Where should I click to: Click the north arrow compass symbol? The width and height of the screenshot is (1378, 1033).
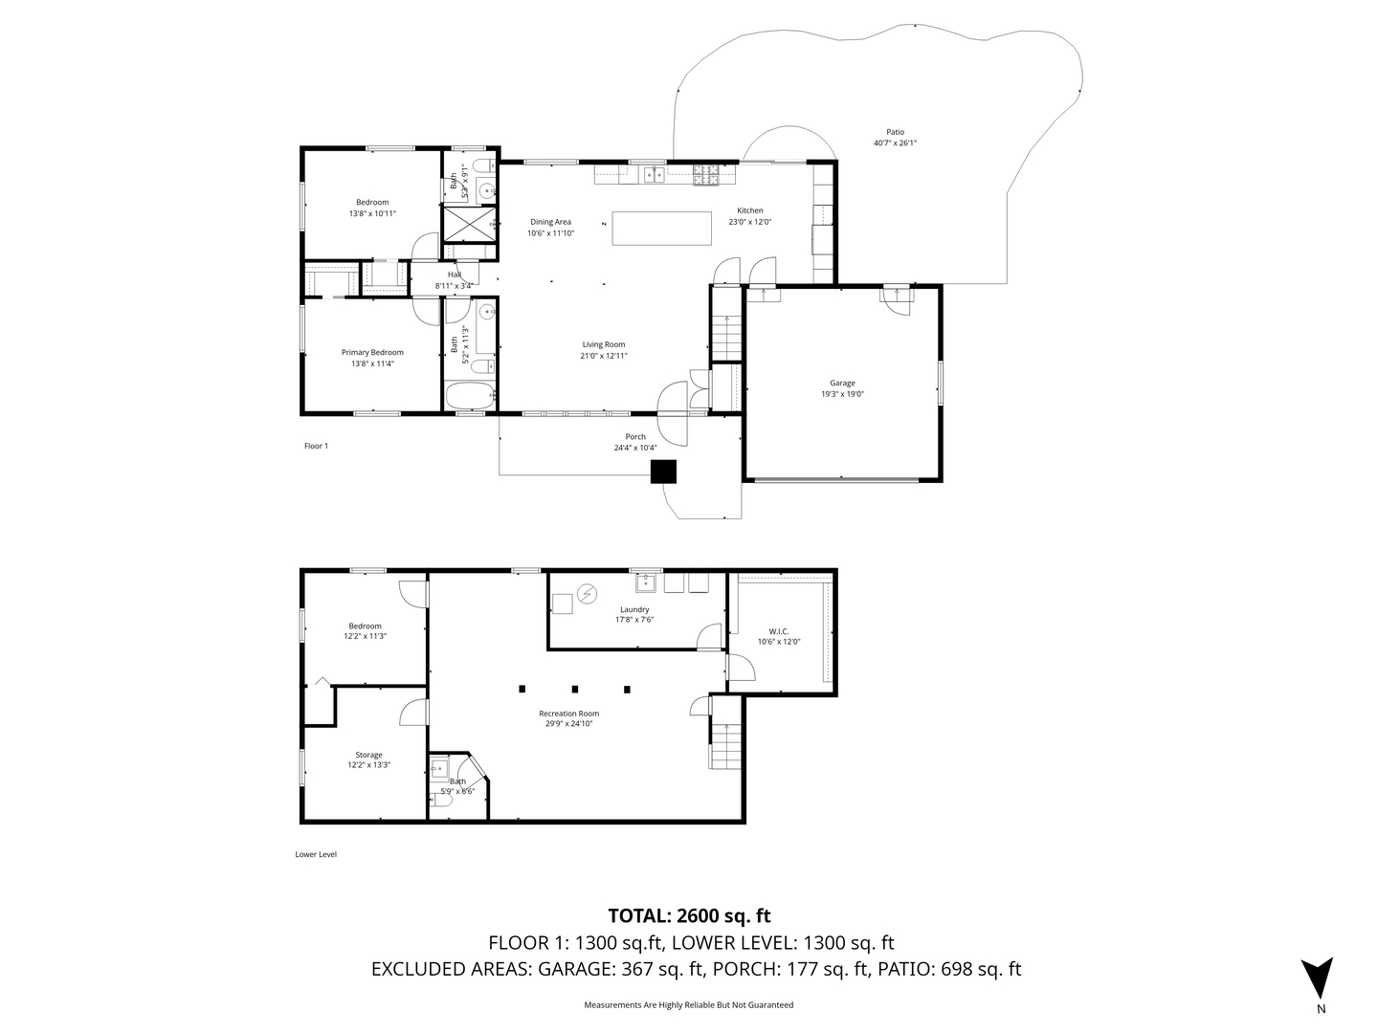pos(1319,977)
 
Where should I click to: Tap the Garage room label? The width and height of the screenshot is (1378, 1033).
pos(842,383)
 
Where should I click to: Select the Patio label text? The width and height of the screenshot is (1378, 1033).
pos(895,132)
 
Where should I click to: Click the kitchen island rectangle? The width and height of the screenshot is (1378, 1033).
pos(662,229)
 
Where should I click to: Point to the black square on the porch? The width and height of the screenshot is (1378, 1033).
pos(663,472)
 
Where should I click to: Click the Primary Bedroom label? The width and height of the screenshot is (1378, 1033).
pos(372,352)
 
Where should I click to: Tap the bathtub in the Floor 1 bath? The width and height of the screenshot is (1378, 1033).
pos(470,394)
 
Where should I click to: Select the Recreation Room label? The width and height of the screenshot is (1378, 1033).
pos(568,714)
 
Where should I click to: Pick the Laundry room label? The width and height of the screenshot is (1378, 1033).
pos(634,609)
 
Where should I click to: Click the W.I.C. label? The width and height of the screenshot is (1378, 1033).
pos(778,630)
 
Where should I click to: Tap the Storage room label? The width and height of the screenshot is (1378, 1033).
pos(368,755)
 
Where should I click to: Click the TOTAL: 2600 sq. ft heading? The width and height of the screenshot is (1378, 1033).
pos(689,916)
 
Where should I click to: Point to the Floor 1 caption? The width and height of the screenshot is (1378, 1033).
pos(316,446)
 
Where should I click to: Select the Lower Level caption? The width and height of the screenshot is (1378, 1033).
pos(316,854)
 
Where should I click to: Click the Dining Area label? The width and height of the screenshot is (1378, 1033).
pos(550,222)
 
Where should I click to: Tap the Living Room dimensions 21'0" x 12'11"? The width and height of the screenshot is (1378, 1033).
pos(603,356)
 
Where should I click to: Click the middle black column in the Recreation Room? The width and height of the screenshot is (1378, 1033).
pos(575,689)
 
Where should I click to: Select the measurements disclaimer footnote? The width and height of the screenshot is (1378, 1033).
pos(689,1005)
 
